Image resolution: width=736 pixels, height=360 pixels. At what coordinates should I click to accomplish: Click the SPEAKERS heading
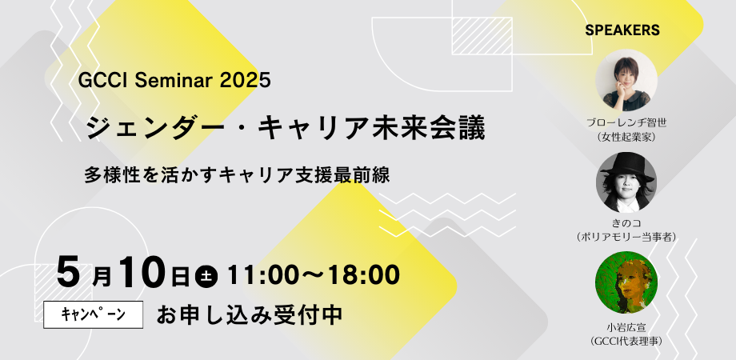[622, 30]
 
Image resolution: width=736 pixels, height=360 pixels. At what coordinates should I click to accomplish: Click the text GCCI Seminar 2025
[174, 80]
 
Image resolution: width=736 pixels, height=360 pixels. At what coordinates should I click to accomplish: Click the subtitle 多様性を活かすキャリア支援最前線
[238, 175]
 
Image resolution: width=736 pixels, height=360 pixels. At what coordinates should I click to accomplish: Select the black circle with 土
[206, 276]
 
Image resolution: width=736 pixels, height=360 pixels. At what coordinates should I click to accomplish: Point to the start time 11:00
[259, 275]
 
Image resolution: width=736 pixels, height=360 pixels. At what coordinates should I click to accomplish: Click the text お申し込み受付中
[250, 314]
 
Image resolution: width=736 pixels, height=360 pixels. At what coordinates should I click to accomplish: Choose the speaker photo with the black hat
[626, 182]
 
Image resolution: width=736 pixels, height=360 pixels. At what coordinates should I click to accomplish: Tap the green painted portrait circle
[626, 282]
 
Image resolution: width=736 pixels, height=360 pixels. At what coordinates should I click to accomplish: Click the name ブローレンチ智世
[626, 123]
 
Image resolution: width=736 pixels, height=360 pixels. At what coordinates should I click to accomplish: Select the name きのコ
[626, 222]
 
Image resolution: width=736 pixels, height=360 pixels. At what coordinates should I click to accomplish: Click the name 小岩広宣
[626, 327]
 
